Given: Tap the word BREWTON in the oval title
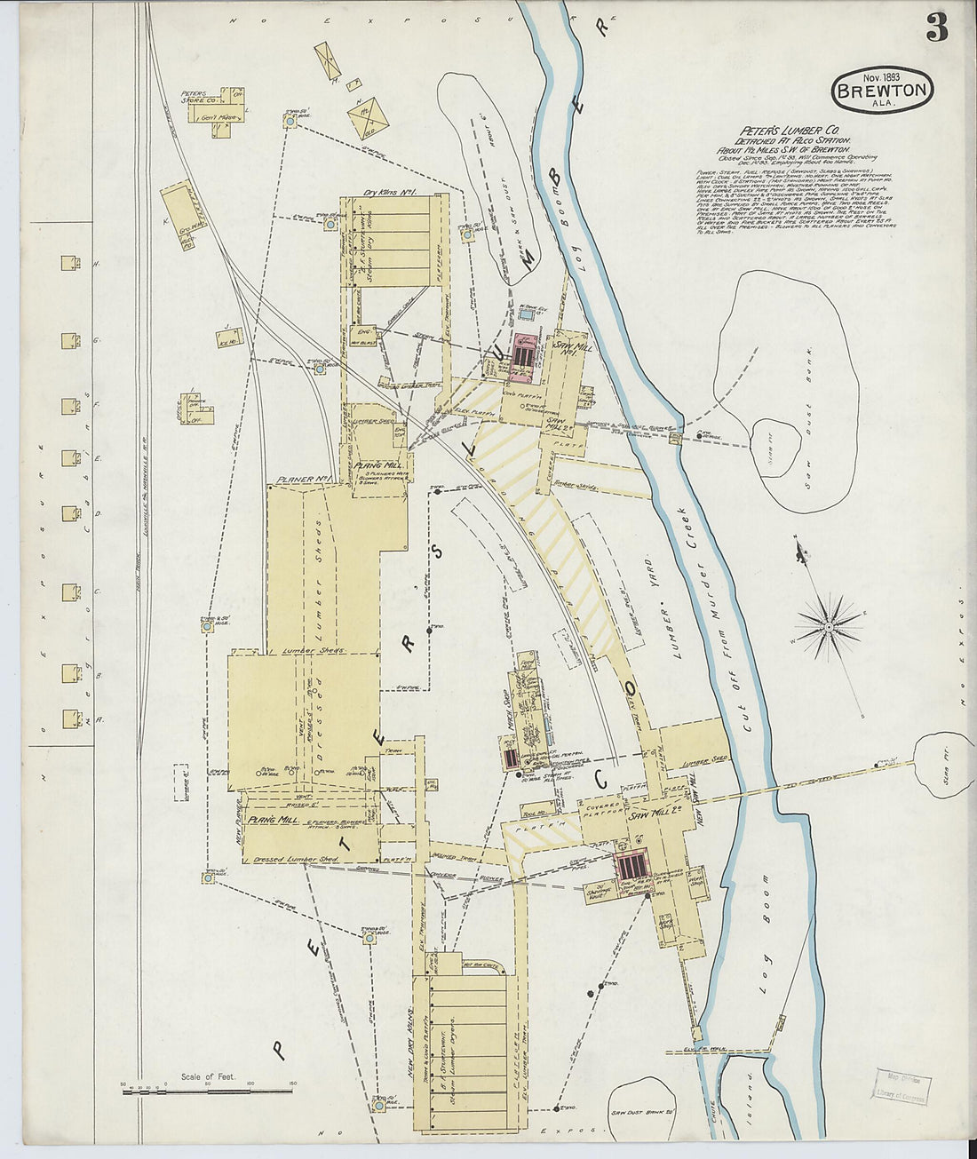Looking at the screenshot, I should pyautogui.click(x=882, y=90).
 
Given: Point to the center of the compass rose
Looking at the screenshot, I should pyautogui.click(x=829, y=626).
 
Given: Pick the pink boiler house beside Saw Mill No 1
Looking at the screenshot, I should pyautogui.click(x=527, y=354).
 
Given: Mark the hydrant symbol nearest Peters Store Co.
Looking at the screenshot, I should pyautogui.click(x=290, y=119).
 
